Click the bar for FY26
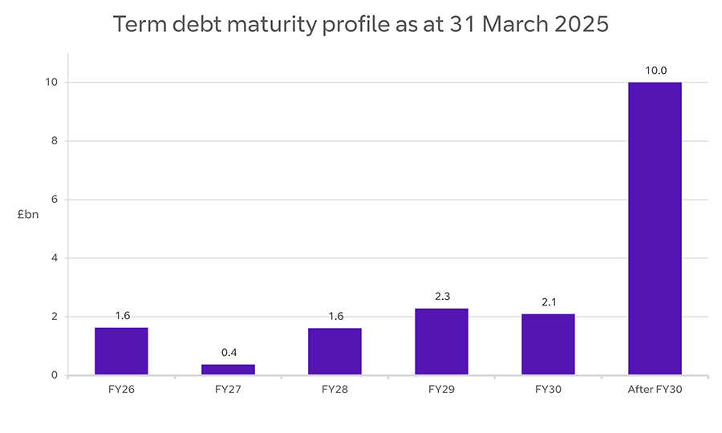[x=121, y=351]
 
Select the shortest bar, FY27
[x=228, y=370]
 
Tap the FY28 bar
[x=335, y=351]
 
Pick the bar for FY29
[x=441, y=342]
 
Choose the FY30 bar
[x=548, y=344]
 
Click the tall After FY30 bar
[x=655, y=229]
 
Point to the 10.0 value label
[x=655, y=71]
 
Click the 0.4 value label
[x=228, y=353]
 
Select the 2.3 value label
[x=441, y=297]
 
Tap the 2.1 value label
[x=548, y=302]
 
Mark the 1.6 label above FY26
[x=121, y=316]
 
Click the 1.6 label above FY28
[x=335, y=316]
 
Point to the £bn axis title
[x=28, y=214]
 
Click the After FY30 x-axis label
[x=655, y=391]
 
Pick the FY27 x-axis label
[x=228, y=391]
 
